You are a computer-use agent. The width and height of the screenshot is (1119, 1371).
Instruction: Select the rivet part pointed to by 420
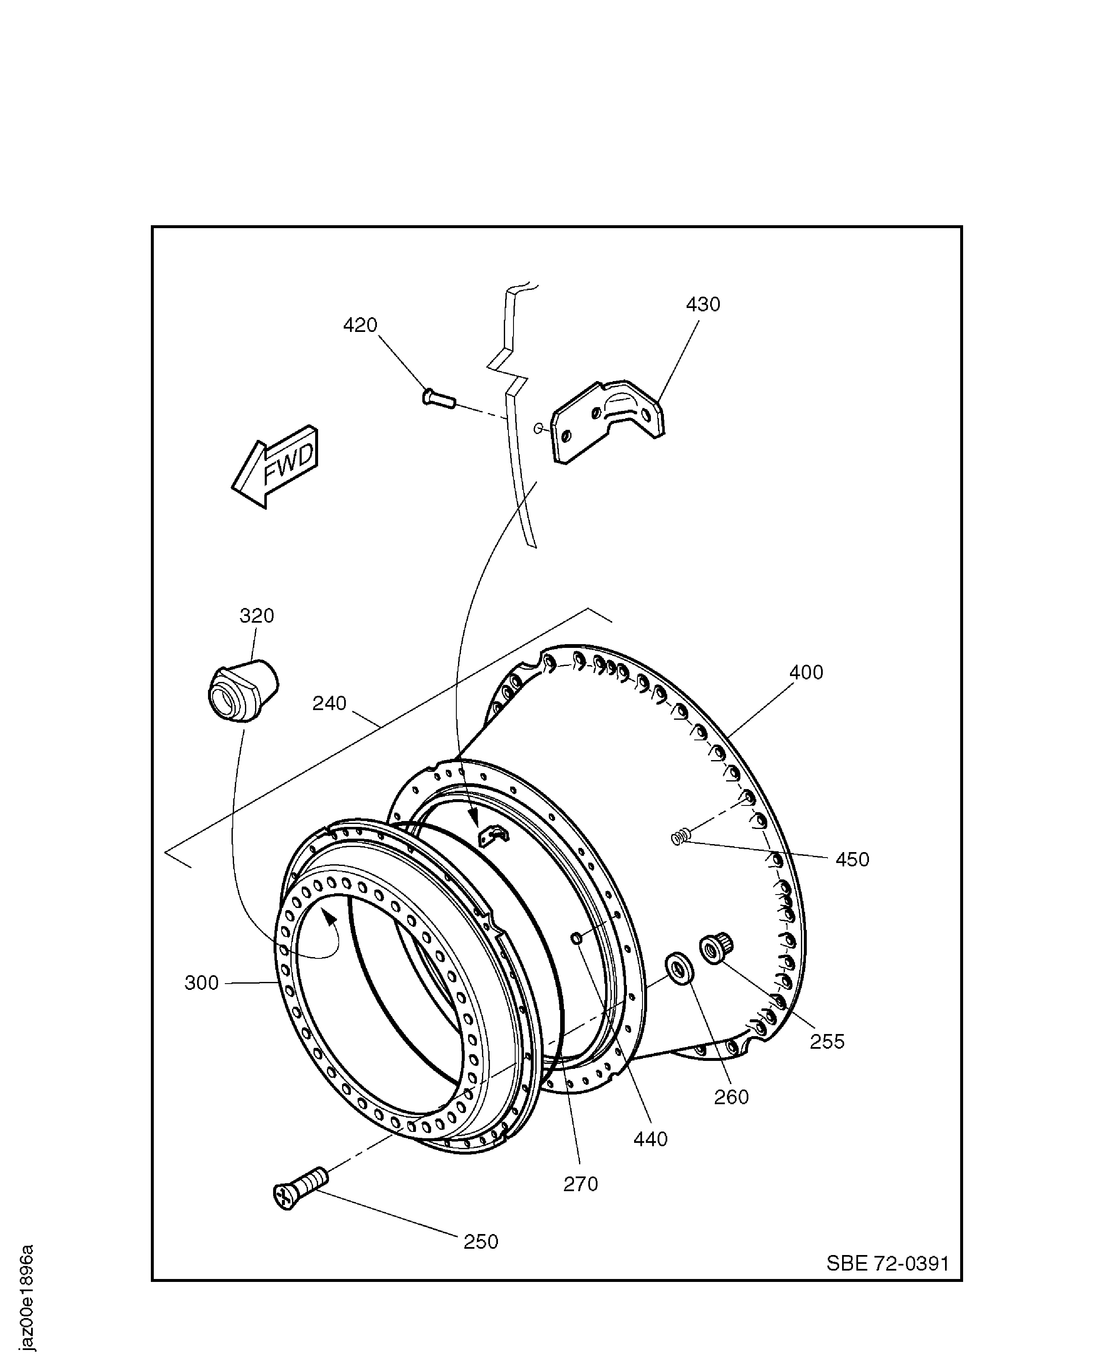coord(438,398)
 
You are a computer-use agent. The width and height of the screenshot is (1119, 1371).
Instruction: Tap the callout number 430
coord(703,304)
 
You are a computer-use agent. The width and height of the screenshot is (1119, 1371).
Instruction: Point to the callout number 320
coord(257,616)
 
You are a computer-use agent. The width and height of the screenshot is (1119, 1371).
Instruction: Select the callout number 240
coord(329,703)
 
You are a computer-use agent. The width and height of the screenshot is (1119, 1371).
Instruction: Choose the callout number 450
coord(852,859)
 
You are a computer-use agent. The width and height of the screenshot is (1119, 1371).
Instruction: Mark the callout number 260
coord(732,1097)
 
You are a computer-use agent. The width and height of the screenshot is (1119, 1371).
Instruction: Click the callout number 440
coord(650,1139)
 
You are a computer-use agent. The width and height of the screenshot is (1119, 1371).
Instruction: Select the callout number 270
coord(581,1184)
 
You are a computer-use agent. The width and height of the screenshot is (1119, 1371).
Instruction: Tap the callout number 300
coord(202,983)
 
